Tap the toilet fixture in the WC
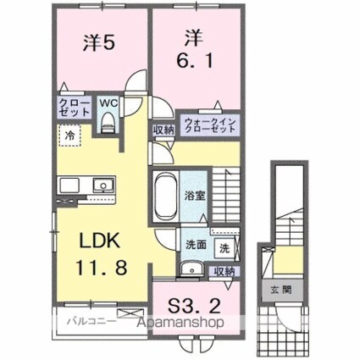coord(107,122)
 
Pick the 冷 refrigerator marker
coord(69,134)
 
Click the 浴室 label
coord(194,194)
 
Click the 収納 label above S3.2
coord(224,271)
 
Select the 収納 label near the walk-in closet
coord(163,129)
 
